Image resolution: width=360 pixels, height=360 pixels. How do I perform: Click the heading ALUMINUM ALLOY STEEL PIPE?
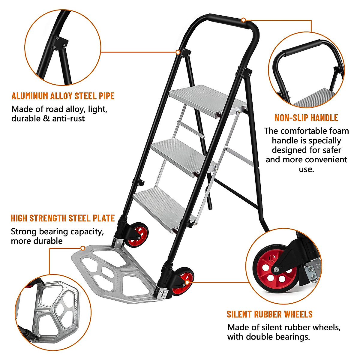coord(63,96)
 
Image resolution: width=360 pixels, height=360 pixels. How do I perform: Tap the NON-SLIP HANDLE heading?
coord(306,118)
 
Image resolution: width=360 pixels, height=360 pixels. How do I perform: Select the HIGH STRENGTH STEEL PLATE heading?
coord(63,218)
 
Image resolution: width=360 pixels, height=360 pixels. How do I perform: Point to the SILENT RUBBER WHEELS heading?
coord(269,314)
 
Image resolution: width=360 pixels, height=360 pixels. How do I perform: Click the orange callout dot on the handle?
coord(244,20)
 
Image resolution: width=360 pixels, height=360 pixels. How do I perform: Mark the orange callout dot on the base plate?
coord(83,248)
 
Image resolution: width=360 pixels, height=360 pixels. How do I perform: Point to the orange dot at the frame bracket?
coord(178,52)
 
